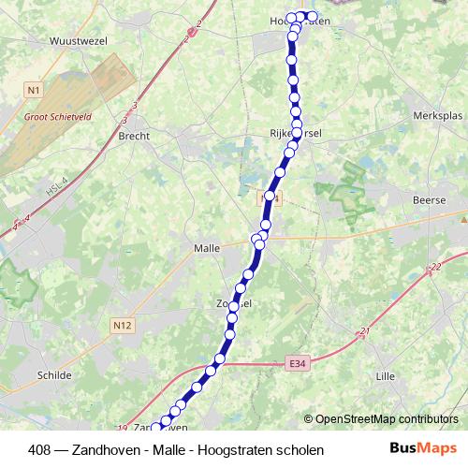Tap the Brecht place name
(134, 135)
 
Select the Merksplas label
(437, 115)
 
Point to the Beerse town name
(430, 200)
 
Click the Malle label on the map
(205, 248)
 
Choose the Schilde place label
(53, 374)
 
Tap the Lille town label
(385, 375)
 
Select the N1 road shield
(34, 90)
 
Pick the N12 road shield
(121, 325)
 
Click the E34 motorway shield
(297, 363)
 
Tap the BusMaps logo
(425, 449)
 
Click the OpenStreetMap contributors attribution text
(386, 418)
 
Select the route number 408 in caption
(40, 450)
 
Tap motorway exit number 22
(435, 268)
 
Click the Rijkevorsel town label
(296, 133)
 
